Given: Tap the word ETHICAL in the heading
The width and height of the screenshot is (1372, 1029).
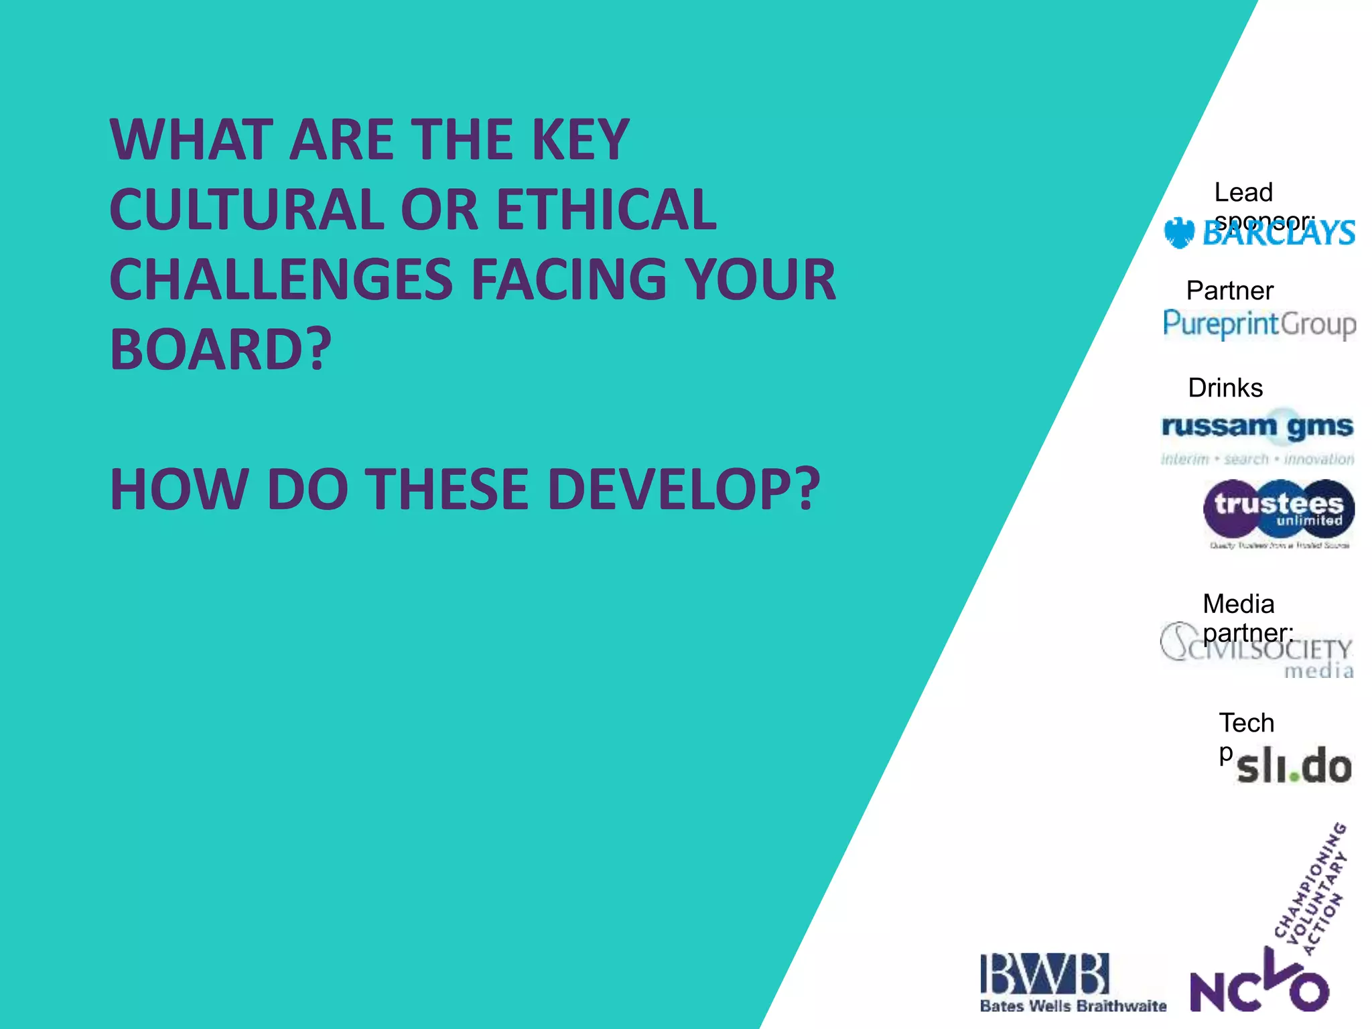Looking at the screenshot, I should point(606,210).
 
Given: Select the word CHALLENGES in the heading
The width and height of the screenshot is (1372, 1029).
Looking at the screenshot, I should point(281,279).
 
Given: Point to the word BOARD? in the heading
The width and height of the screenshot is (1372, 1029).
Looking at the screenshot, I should point(220,349).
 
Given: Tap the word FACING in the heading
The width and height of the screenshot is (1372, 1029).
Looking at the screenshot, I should point(569,279).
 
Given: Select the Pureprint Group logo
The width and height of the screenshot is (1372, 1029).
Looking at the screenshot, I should point(1259,324).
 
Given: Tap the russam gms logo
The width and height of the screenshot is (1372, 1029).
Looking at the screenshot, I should point(1257,435).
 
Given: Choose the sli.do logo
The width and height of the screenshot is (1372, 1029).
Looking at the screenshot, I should point(1293,767).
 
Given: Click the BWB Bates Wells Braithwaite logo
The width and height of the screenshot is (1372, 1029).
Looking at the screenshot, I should point(1072,982).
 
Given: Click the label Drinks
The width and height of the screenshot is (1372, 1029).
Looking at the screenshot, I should point(1225,388).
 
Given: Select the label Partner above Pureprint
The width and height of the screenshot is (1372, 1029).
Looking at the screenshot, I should point(1229,291).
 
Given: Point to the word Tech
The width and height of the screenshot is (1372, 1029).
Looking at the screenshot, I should point(1246,723).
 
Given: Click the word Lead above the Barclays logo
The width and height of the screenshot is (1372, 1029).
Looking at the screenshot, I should point(1243,192).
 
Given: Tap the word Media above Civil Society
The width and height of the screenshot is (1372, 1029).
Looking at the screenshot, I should point(1238,604).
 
